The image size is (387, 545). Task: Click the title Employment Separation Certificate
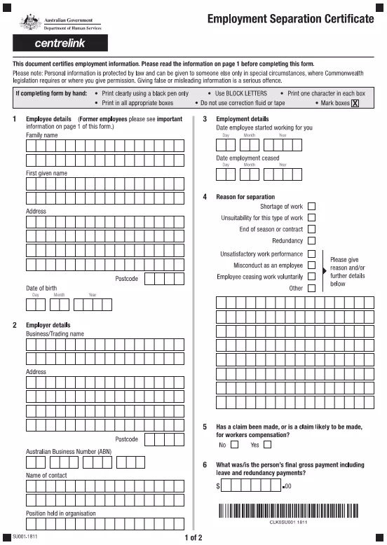(290, 19)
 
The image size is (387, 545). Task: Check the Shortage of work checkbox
(311, 207)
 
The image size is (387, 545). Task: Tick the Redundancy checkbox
(311, 240)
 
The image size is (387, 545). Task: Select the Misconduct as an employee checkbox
(311, 265)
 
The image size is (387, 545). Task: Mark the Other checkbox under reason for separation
(311, 288)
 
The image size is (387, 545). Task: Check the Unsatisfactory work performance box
(311, 254)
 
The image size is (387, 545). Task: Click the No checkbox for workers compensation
(234, 444)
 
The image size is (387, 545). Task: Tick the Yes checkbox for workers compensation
(267, 444)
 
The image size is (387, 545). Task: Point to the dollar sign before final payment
(219, 485)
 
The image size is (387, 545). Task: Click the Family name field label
(41, 134)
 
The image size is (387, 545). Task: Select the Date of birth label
(41, 288)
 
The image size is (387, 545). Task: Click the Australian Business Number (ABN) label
(69, 451)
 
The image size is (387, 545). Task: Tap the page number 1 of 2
(193, 537)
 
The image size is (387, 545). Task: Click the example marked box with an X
(355, 103)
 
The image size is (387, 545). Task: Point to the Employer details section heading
(48, 325)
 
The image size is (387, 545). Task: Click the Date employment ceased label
(247, 158)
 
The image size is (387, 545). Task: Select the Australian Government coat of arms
(30, 22)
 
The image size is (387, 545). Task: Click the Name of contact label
(46, 476)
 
